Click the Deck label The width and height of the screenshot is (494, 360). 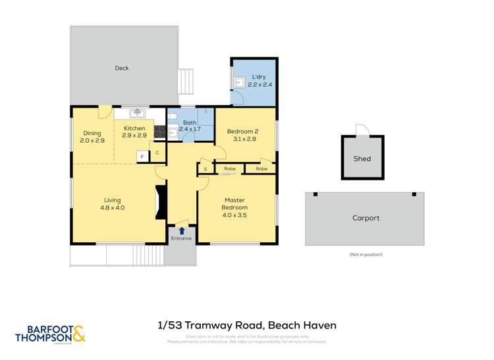point(122,68)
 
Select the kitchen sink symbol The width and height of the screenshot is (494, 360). point(137,113)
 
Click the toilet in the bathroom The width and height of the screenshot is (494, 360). point(173,116)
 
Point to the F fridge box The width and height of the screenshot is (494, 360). point(142,156)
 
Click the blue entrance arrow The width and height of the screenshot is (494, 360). point(181,230)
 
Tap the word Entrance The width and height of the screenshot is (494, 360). point(181,238)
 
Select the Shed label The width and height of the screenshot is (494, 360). point(362,159)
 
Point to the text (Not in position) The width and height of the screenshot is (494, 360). point(365,254)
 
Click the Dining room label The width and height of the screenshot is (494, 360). point(92,133)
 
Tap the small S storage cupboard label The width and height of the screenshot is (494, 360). point(206,169)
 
